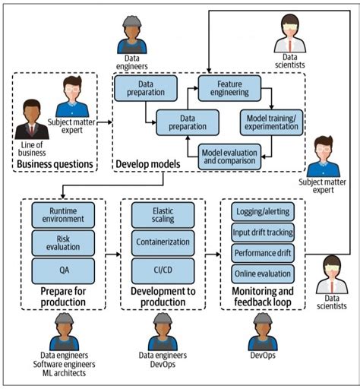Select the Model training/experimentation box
(270, 122)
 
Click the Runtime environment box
(63, 214)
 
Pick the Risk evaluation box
(63, 242)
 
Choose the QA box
(63, 270)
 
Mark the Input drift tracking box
(263, 232)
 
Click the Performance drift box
(263, 252)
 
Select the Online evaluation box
(263, 273)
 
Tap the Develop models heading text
(147, 164)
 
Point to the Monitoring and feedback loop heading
(262, 296)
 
